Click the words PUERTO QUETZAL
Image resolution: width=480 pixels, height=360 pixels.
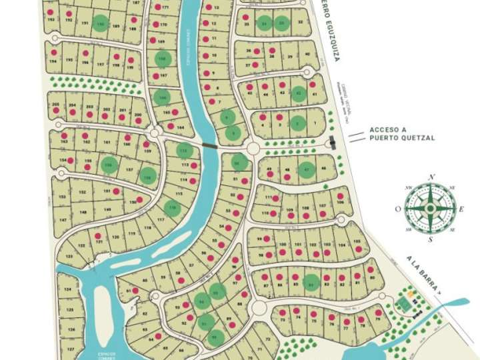[393, 138]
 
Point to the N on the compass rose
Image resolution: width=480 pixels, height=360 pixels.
[431, 177]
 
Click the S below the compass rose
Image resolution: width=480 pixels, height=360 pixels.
[431, 239]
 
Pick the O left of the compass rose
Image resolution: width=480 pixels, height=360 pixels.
[398, 209]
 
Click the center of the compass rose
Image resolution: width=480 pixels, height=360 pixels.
[430, 208]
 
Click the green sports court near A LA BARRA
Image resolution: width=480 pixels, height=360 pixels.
[404, 305]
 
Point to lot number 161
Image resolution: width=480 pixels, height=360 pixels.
[107, 143]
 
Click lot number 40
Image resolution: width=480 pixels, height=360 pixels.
[307, 54]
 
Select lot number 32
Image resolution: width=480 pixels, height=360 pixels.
[301, 23]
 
